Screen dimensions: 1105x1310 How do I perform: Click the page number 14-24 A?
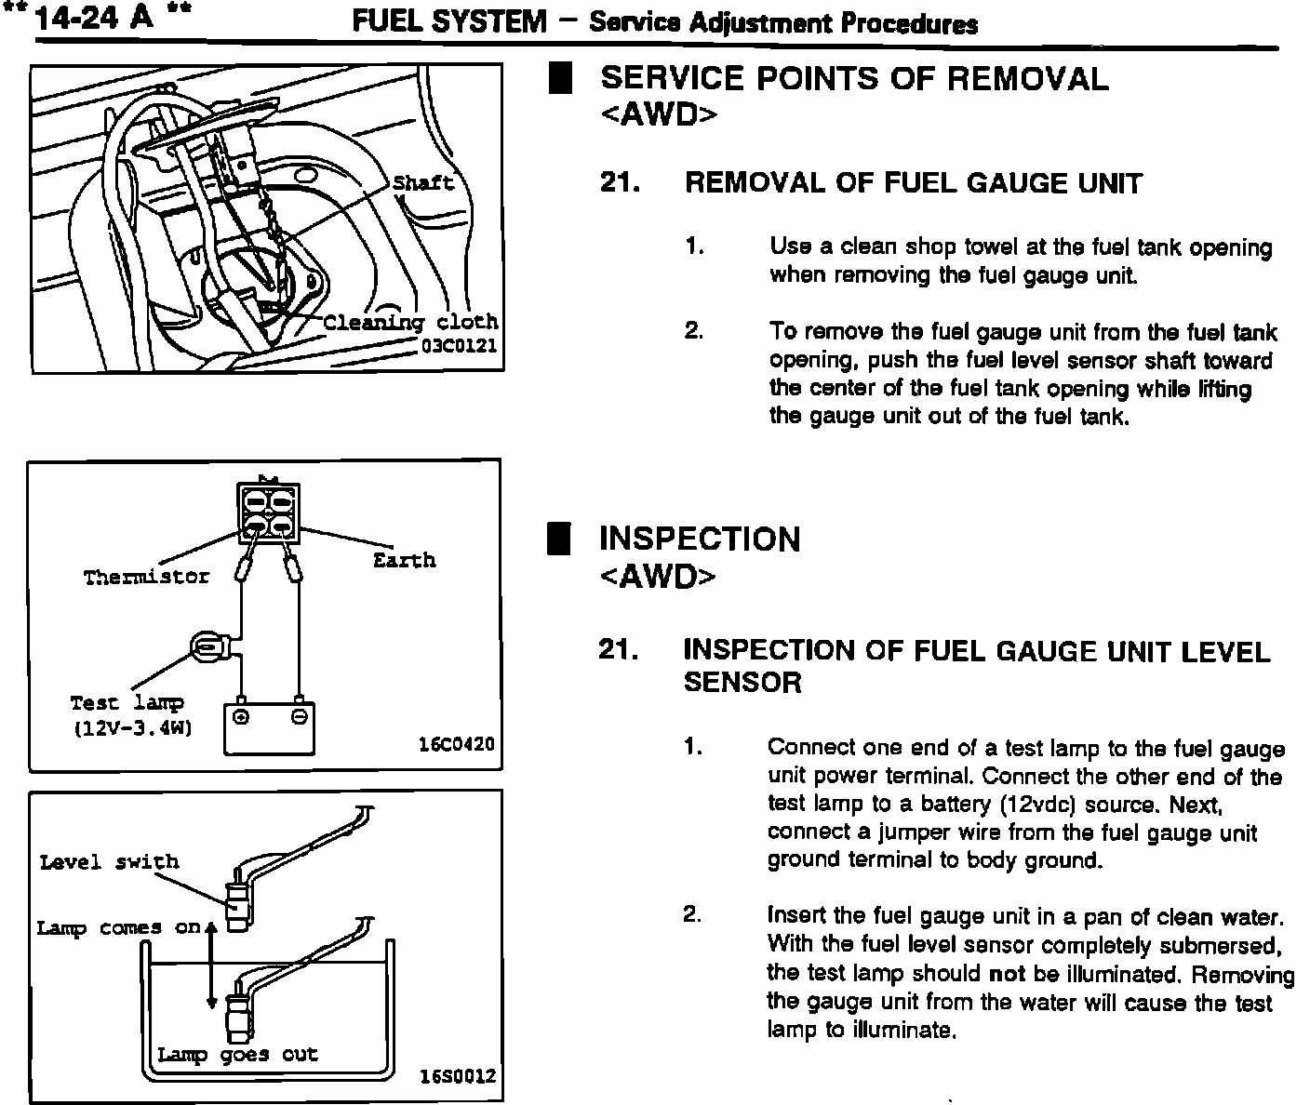click(x=91, y=18)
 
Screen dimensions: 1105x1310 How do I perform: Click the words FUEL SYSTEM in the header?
click(x=448, y=21)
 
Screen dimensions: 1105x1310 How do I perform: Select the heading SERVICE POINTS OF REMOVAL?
click(x=854, y=78)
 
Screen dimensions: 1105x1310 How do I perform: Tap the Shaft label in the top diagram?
click(x=423, y=182)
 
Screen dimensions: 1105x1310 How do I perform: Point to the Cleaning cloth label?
click(x=410, y=323)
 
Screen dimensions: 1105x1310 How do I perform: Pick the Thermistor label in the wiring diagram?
click(x=147, y=577)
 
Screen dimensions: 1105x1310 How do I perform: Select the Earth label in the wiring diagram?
click(x=404, y=560)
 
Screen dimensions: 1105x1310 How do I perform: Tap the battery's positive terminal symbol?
click(x=241, y=717)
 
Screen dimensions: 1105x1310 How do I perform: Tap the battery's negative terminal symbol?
click(x=299, y=717)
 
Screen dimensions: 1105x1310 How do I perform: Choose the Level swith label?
click(x=109, y=862)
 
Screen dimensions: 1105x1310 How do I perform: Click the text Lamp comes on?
click(x=119, y=927)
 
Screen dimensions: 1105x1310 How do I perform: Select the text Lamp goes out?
click(x=237, y=1055)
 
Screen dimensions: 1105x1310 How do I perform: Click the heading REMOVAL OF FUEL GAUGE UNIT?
click(x=913, y=183)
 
